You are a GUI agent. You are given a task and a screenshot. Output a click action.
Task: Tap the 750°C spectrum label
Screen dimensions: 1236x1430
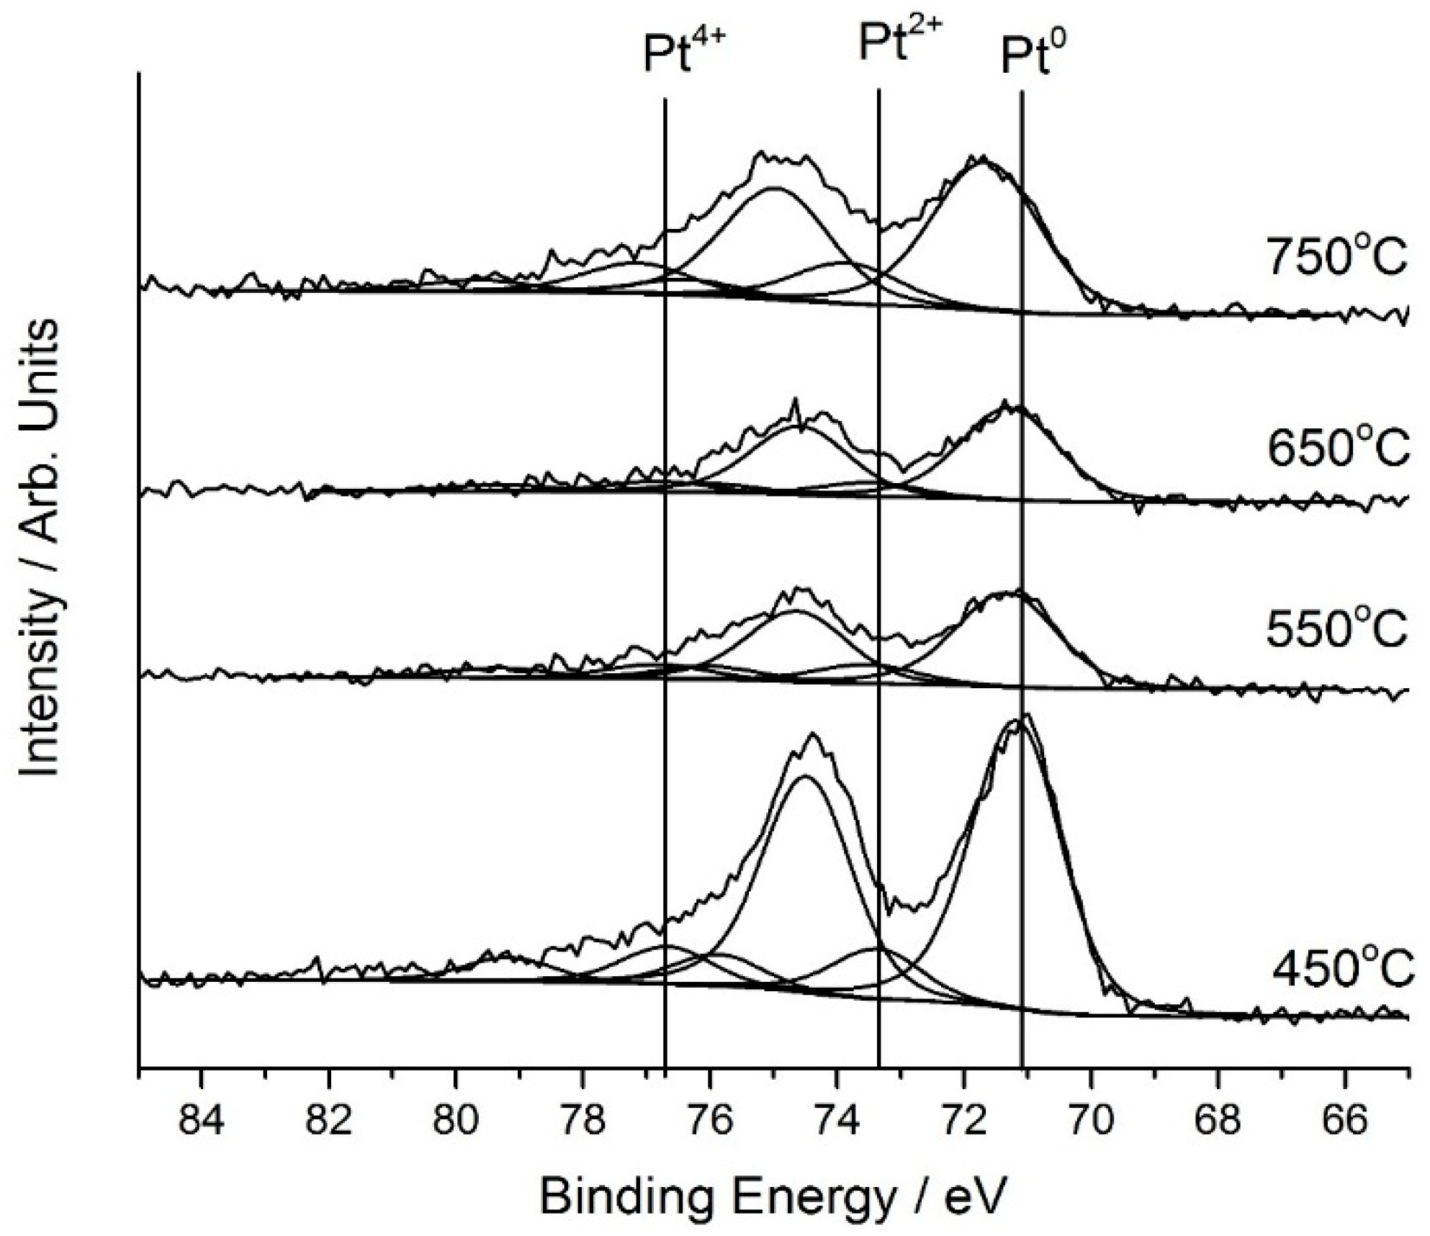pos(1336,259)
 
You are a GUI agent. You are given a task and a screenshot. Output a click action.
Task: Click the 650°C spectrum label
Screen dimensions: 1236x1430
pos(1336,451)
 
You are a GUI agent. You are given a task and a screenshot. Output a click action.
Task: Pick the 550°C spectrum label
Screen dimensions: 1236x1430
pos(1336,631)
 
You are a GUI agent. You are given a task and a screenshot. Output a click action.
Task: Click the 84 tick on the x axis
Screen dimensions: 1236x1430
pos(201,1121)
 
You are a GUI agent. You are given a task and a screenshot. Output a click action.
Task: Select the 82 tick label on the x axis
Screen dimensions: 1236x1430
pos(328,1121)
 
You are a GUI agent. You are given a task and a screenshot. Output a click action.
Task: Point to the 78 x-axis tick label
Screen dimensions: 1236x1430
pos(583,1121)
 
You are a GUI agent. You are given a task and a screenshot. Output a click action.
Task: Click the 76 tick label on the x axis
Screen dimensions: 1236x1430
pos(710,1121)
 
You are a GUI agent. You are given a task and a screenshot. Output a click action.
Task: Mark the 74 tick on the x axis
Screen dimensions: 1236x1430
pos(837,1121)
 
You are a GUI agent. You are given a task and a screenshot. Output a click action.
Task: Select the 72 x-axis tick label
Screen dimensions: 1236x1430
pos(964,1121)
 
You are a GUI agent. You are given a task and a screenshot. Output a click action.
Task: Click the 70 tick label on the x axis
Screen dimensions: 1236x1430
pos(1092,1121)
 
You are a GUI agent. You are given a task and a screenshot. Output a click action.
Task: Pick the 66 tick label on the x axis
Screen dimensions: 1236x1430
pos(1346,1121)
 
